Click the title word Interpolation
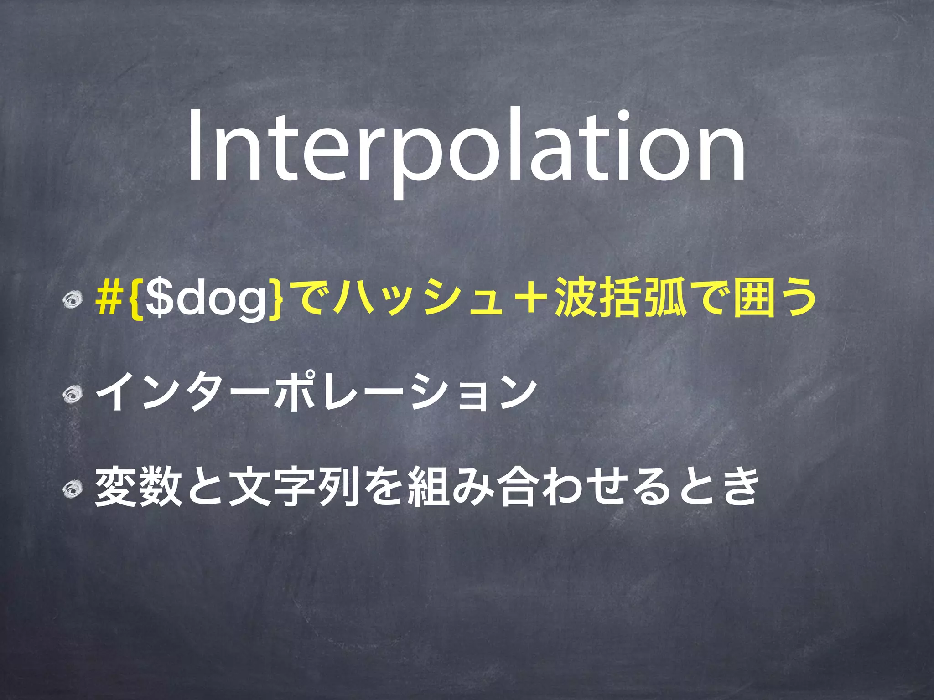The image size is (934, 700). coord(466,147)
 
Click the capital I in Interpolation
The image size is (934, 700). coord(195,147)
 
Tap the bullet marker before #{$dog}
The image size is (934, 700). coord(72,300)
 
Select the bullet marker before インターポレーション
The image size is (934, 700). coord(72,394)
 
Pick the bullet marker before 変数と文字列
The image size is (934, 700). coord(72,489)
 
